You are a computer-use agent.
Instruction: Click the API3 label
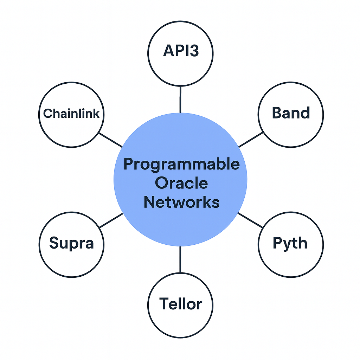[181, 51]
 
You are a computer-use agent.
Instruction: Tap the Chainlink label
[71, 114]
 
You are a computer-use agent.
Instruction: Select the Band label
[291, 113]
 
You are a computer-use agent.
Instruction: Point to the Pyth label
[290, 244]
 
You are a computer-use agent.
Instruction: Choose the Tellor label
[181, 303]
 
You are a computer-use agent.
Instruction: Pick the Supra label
[72, 243]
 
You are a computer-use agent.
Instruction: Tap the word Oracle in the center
[181, 183]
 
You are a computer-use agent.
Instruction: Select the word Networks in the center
[182, 202]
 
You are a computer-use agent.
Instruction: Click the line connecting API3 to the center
[180, 99]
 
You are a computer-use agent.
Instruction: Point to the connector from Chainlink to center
[110, 140]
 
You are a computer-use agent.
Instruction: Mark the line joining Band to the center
[251, 139]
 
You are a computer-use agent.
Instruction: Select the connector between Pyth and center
[250, 220]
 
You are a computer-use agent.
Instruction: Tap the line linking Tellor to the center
[180, 259]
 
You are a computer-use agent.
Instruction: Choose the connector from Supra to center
[111, 220]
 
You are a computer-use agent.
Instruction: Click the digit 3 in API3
[194, 51]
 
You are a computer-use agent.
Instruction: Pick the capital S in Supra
[54, 243]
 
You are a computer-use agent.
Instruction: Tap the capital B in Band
[277, 113]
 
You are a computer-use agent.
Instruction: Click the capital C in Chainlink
[48, 114]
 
